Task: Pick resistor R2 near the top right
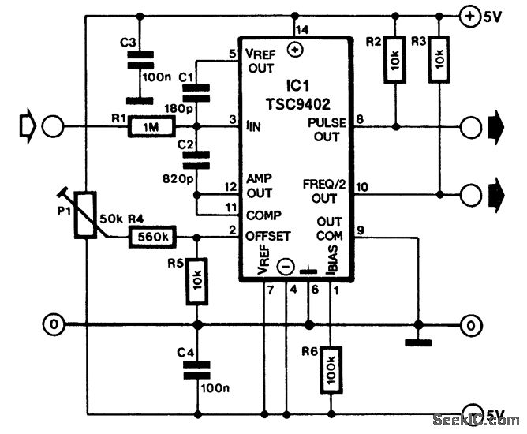[394, 58]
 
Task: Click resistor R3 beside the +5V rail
[439, 58]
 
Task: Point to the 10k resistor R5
[197, 281]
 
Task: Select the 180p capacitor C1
[197, 93]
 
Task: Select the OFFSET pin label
[268, 236]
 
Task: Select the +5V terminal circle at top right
[470, 16]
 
